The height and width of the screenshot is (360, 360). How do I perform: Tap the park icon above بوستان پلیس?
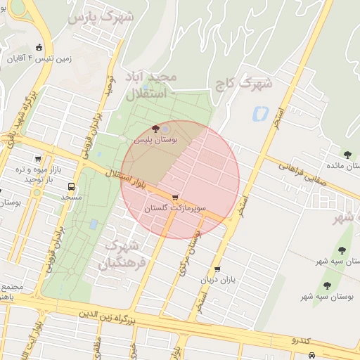(155, 129)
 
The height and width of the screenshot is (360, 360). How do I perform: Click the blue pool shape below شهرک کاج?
(261, 112)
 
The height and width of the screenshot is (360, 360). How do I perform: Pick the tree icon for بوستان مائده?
(347, 155)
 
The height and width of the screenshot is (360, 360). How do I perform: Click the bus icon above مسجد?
(72, 187)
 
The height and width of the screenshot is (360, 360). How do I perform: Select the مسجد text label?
(72, 198)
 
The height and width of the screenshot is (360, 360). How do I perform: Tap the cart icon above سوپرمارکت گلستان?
(174, 198)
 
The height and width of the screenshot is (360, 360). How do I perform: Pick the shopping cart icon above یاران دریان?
(217, 269)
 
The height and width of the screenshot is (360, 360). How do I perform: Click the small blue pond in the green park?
(94, 224)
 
